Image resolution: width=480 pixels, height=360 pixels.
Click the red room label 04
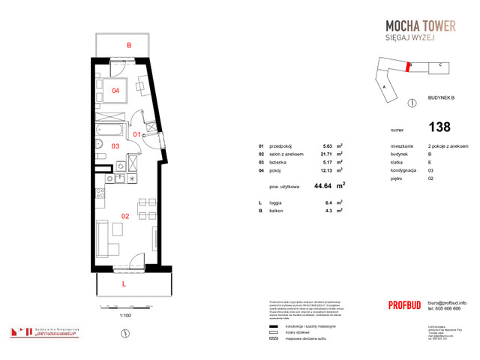(115, 91)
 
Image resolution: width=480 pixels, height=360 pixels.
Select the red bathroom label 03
(115, 145)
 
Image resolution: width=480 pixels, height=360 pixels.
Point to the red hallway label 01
(136, 134)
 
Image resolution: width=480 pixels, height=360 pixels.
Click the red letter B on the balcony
(129, 46)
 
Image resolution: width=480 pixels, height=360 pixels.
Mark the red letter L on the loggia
(124, 284)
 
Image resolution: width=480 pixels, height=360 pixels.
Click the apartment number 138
(439, 127)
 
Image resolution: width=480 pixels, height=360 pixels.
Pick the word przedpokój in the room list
(282, 145)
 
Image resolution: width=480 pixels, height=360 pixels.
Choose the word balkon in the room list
(278, 211)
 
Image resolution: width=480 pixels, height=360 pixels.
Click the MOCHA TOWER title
(415, 26)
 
